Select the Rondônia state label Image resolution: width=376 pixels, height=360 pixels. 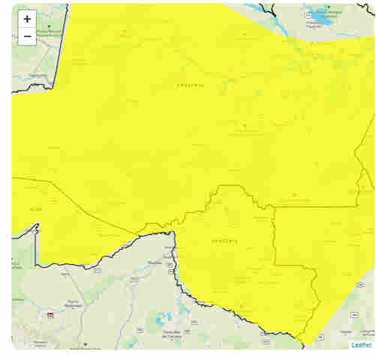tap(224, 241)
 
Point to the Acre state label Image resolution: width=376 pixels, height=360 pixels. tap(36, 209)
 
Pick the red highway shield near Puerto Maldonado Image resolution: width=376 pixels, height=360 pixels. tap(50, 315)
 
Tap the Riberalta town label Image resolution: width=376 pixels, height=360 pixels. tap(155, 262)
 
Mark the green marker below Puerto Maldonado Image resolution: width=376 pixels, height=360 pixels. tap(86, 345)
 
